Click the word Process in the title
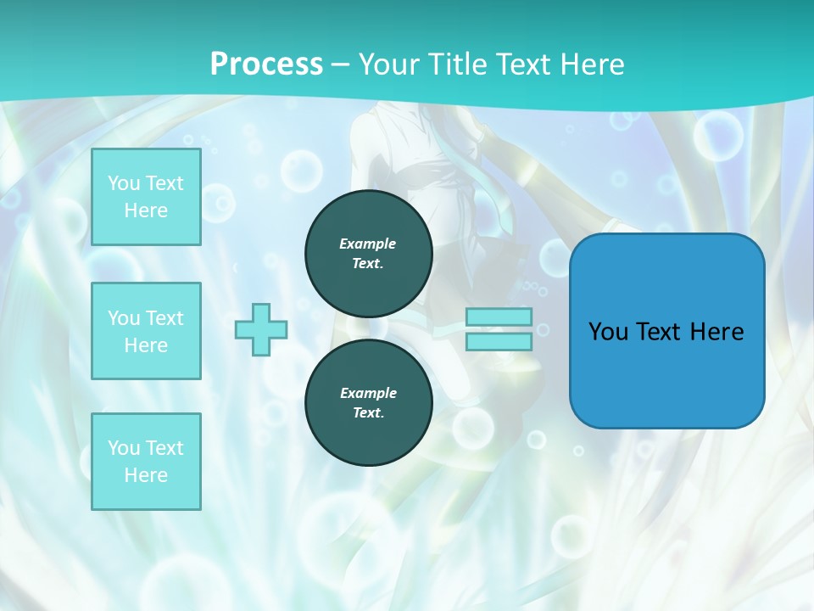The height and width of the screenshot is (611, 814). pyautogui.click(x=266, y=64)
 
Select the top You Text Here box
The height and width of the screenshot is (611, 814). pyautogui.click(x=146, y=197)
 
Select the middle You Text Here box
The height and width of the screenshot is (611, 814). pyautogui.click(x=146, y=331)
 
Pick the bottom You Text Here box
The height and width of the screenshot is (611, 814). pyautogui.click(x=146, y=461)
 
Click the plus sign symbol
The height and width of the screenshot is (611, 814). pyautogui.click(x=261, y=329)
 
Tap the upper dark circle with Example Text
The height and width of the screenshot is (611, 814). pyautogui.click(x=368, y=253)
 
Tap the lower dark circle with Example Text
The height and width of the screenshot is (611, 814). pyautogui.click(x=368, y=402)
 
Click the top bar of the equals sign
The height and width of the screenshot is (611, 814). pyautogui.click(x=499, y=317)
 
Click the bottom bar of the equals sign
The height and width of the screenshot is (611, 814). pyautogui.click(x=499, y=341)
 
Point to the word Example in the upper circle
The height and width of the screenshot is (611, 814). pyautogui.click(x=368, y=244)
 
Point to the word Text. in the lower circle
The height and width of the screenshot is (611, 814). pyautogui.click(x=368, y=413)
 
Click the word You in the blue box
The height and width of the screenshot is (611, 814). pyautogui.click(x=608, y=332)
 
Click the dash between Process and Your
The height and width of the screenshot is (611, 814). pyautogui.click(x=341, y=64)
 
